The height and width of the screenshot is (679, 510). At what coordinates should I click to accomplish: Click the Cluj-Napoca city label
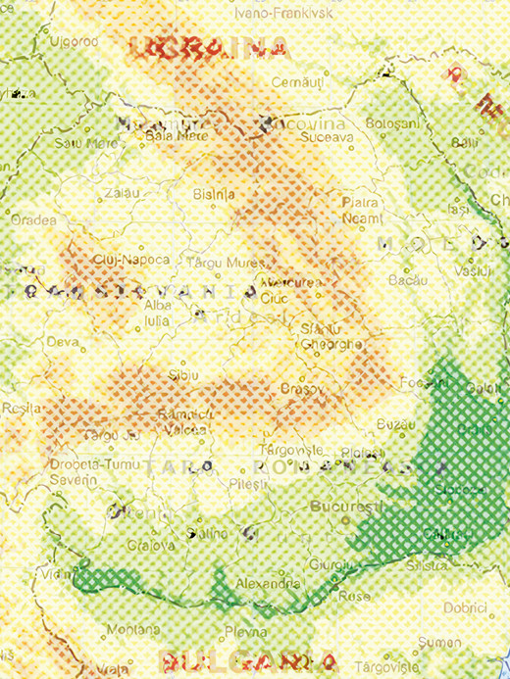(107, 260)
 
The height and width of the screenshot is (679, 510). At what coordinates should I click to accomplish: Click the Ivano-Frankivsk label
(284, 14)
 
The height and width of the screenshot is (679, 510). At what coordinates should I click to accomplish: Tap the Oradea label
(33, 219)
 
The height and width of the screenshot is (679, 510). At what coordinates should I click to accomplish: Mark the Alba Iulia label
(158, 313)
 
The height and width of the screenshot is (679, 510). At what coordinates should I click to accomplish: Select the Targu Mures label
(214, 262)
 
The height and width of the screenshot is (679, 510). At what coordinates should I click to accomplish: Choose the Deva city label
(63, 342)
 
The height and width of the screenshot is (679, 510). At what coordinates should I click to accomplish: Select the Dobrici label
(465, 606)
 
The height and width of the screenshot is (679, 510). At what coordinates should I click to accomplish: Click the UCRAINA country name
(212, 45)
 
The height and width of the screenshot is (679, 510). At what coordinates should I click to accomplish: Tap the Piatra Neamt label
(362, 210)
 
